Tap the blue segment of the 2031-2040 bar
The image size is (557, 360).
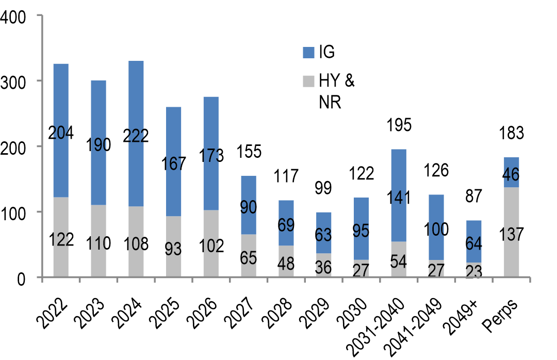[x=398, y=170]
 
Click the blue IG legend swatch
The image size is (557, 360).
[x=308, y=52]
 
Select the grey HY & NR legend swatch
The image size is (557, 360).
[x=308, y=81]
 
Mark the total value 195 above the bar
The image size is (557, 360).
[x=398, y=125]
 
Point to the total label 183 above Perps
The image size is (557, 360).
[x=511, y=133]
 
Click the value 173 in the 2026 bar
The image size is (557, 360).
[x=211, y=155]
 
